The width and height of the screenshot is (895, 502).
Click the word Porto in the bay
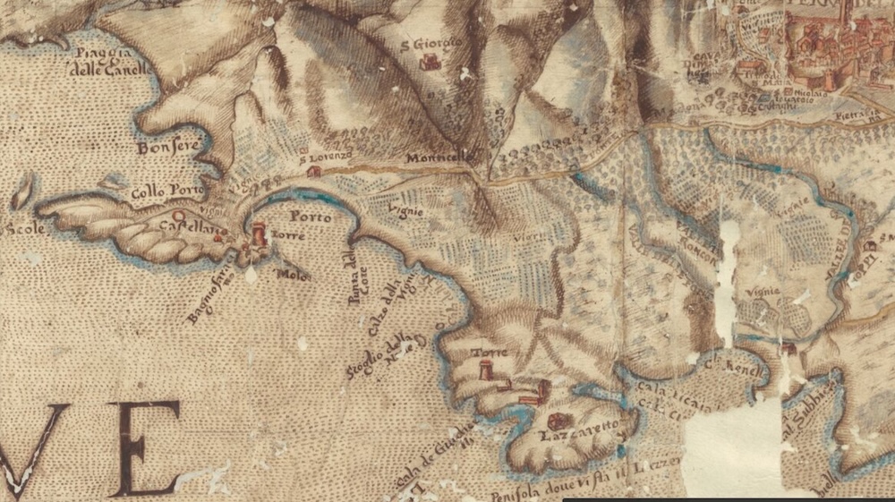(311, 217)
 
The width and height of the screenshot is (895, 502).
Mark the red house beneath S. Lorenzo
(313, 170)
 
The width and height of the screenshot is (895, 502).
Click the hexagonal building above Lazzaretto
(558, 420)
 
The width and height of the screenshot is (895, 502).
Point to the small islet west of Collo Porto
(22, 191)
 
